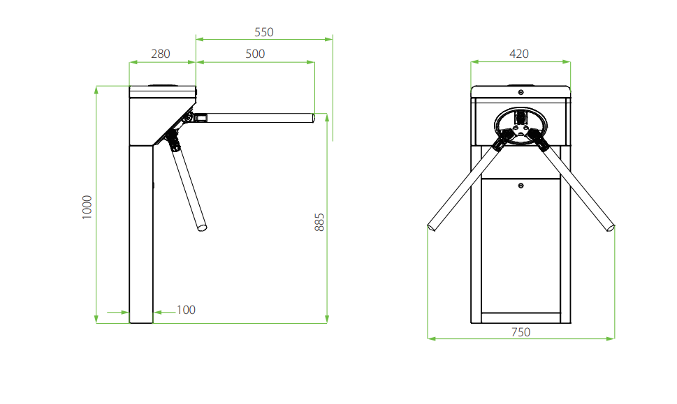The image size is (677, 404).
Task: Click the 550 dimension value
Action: (264, 32)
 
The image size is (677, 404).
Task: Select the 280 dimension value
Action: (161, 54)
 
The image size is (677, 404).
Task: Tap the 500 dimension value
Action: (255, 54)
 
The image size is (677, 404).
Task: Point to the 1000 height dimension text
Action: (87, 207)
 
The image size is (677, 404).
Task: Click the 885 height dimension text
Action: (319, 223)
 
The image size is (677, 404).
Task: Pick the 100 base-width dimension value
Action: (186, 310)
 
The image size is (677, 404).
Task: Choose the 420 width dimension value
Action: (519, 54)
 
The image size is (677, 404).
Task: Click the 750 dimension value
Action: (521, 332)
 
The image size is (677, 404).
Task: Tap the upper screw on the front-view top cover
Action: (521, 92)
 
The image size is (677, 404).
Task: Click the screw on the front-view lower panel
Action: (521, 186)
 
